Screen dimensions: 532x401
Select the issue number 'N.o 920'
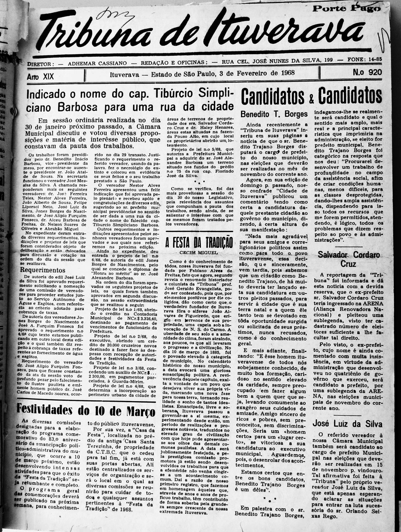tap(356, 73)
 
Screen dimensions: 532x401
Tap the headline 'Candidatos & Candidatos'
tap(311, 96)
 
